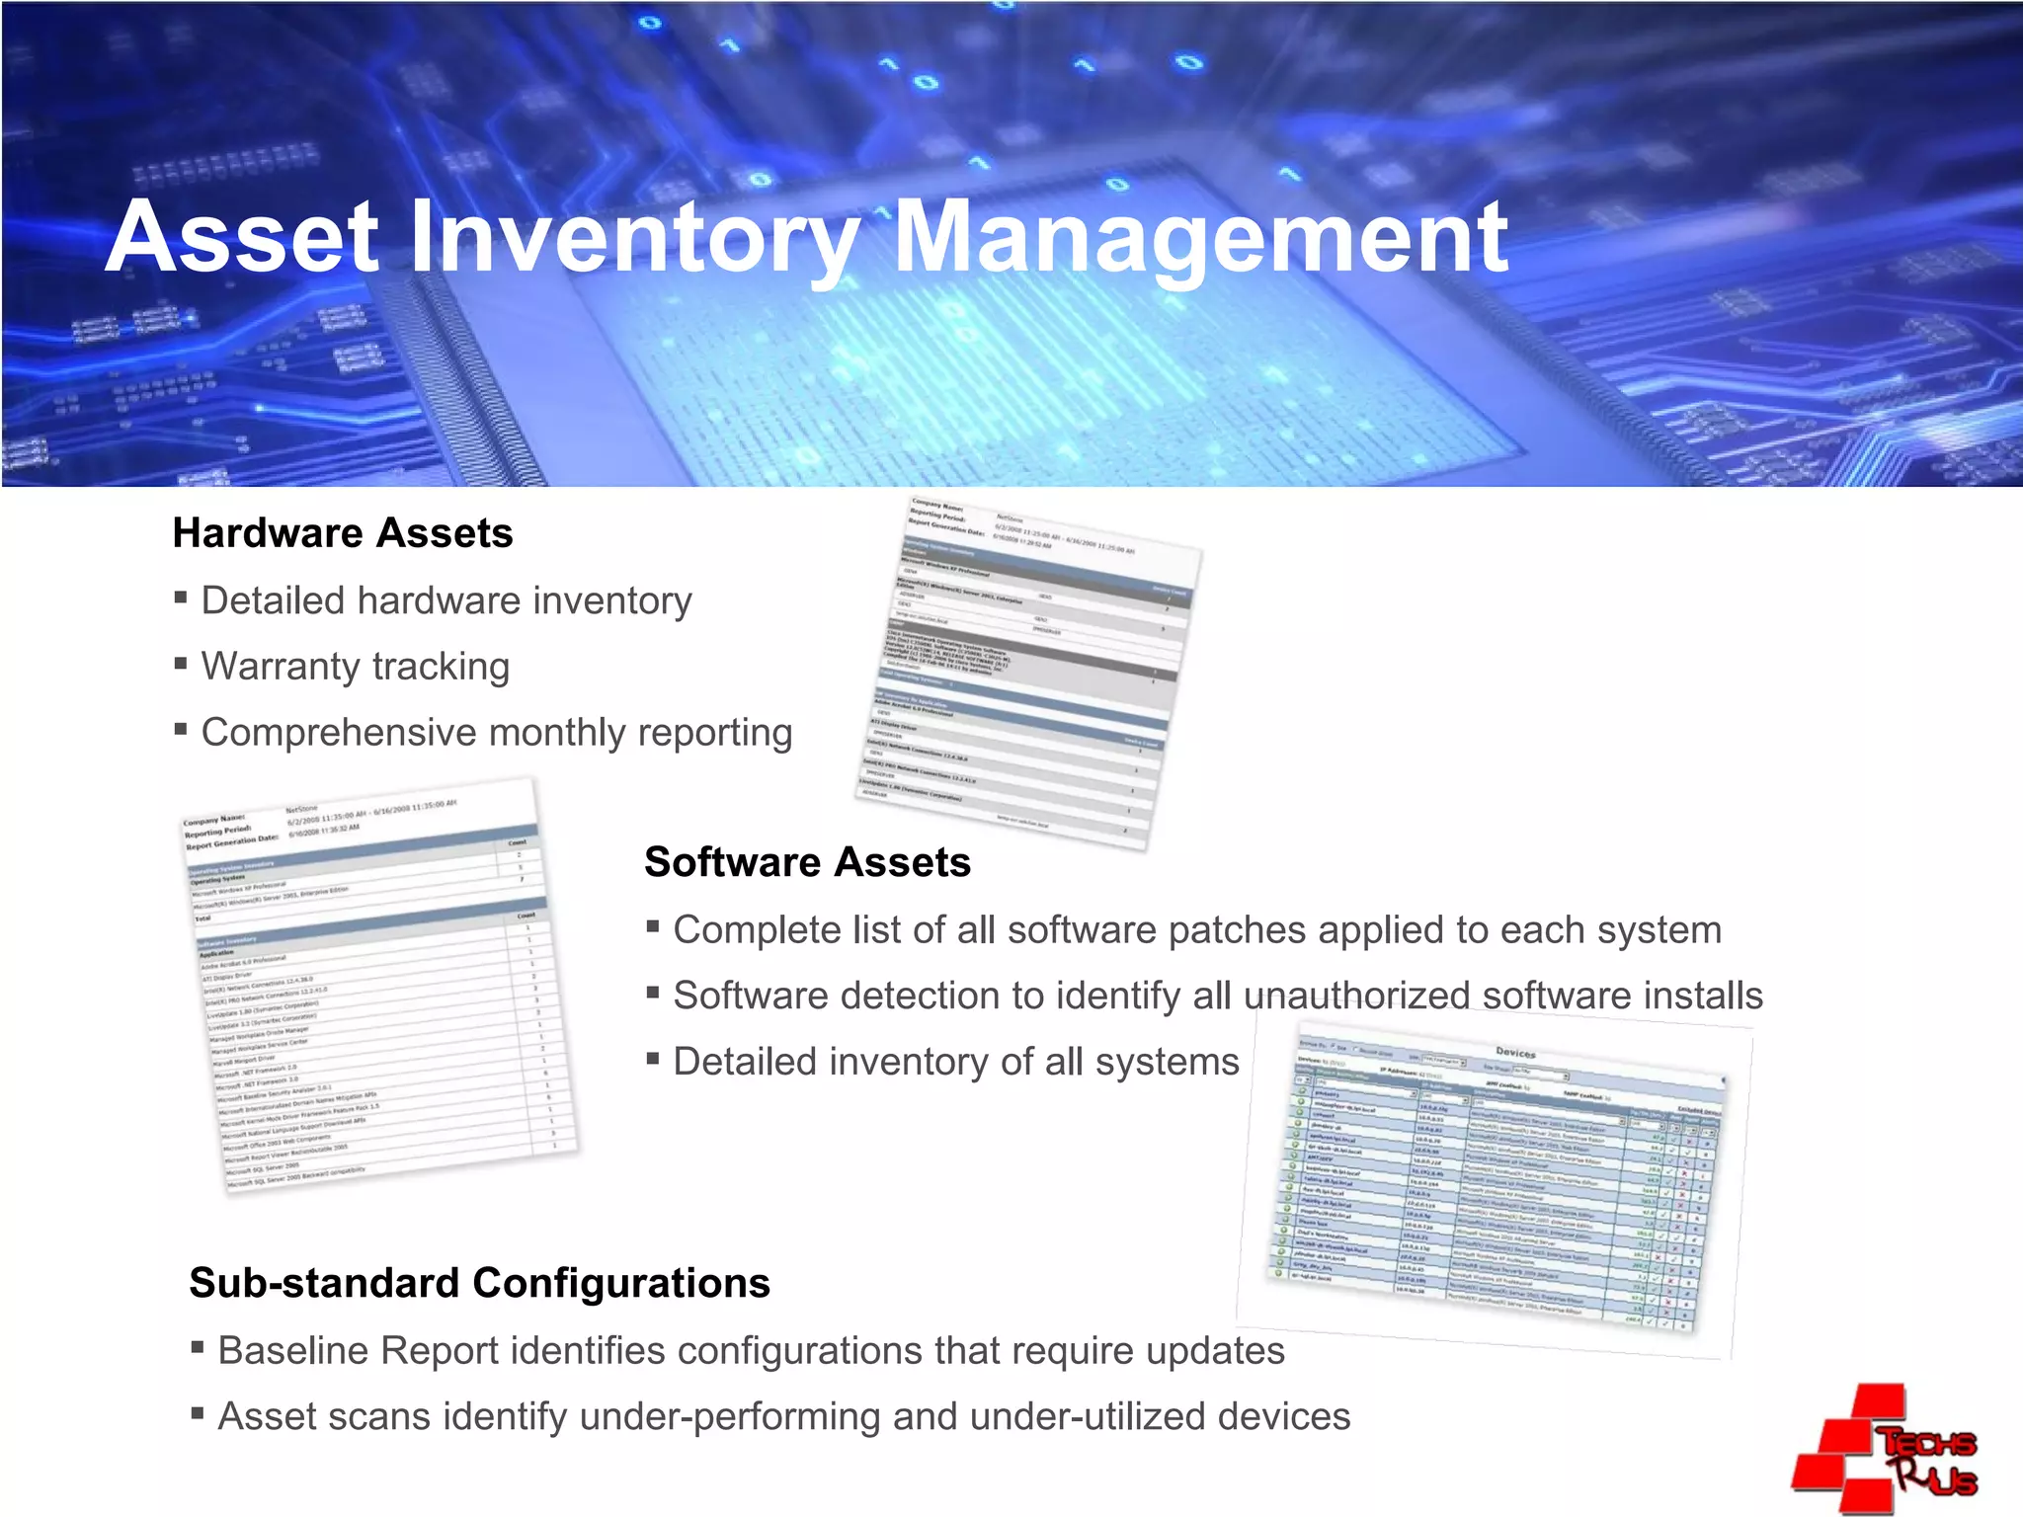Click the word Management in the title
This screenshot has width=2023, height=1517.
point(1199,239)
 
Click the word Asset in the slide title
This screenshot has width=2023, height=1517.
point(242,239)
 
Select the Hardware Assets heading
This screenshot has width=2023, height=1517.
point(343,533)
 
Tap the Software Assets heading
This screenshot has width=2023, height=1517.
point(807,862)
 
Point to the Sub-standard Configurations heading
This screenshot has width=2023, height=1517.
point(479,1283)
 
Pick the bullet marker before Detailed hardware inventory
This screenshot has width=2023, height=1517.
point(181,598)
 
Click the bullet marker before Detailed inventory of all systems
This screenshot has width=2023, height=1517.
point(653,1060)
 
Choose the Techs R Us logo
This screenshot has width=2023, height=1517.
point(1885,1449)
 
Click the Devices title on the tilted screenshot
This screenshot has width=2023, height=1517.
point(1515,1053)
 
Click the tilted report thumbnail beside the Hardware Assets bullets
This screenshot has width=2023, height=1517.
point(1027,672)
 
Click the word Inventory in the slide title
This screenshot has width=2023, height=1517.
point(632,239)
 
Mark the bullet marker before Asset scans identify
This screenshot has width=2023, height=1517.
point(198,1414)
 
